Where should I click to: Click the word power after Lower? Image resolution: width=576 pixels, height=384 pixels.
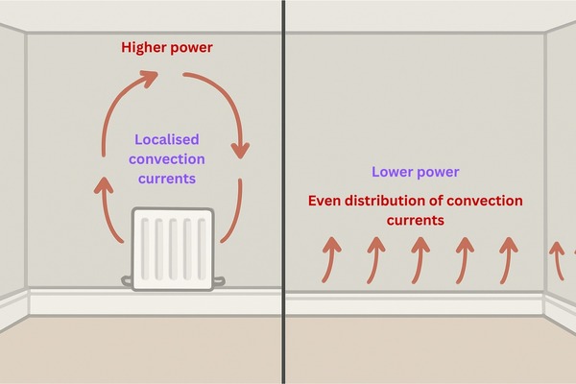[440, 172]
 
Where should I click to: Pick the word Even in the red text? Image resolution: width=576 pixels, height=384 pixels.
[326, 201]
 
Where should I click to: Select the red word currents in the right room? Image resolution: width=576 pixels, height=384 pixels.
[416, 220]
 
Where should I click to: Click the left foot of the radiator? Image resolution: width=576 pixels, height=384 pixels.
[128, 280]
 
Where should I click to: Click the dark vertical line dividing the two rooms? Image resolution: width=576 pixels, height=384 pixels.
[284, 192]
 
